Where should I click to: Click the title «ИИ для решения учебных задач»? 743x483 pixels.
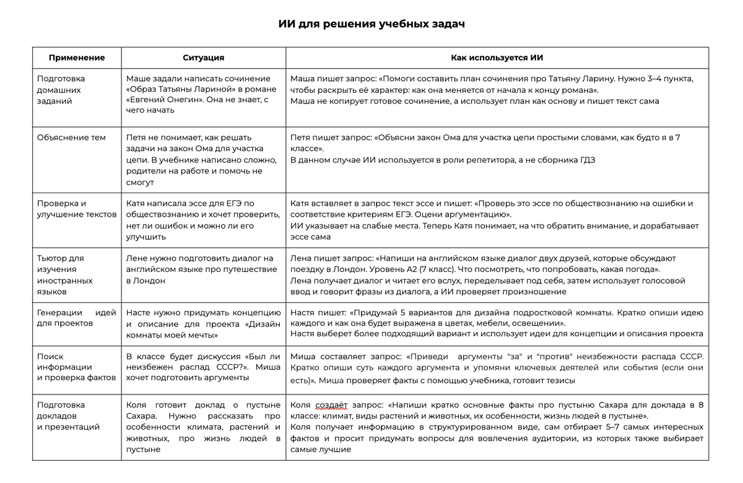(x=371, y=24)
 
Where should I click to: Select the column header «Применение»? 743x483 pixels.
(x=77, y=58)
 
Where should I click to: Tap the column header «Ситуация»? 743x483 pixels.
(x=203, y=58)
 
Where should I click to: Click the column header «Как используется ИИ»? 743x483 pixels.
(x=497, y=58)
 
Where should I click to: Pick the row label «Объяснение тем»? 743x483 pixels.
(x=71, y=137)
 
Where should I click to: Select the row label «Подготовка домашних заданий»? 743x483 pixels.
(x=61, y=90)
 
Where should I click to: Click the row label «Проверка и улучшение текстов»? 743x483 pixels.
(x=77, y=209)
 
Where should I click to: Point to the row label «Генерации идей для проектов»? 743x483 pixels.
(x=77, y=318)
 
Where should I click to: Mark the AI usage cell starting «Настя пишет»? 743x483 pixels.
(x=497, y=323)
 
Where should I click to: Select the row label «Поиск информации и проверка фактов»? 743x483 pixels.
(x=77, y=367)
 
